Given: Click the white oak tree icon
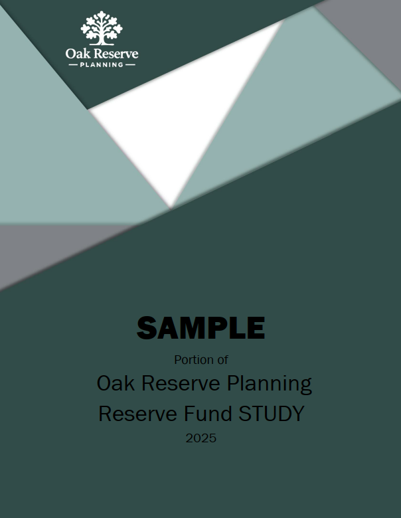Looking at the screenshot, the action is pos(102,28).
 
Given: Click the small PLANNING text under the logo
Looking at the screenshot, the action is pos(102,65).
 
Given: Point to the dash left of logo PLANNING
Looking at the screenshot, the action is pos(73,65).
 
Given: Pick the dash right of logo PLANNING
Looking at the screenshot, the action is pos(131,65).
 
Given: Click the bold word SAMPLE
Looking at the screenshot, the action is pos(200,327).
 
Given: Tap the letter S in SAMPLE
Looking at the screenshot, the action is pos(147,327).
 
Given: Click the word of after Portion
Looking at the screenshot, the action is pos(222,360).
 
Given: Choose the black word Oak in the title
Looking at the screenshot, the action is pos(116,383).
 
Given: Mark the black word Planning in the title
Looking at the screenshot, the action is pos(269,385).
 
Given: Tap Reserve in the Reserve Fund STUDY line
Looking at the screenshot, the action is pos(137,414).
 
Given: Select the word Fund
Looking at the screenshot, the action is pos(208,414).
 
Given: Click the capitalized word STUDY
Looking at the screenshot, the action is pos(271,414).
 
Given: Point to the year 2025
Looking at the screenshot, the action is pos(200,438).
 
